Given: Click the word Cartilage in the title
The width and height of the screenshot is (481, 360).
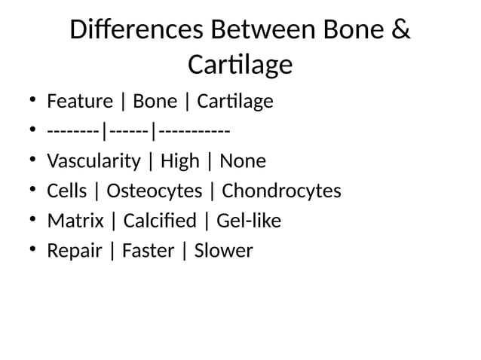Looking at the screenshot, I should click(240, 66).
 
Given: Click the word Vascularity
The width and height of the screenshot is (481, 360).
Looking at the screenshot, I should click(93, 161).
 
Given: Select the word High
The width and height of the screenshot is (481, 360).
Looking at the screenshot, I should click(180, 161).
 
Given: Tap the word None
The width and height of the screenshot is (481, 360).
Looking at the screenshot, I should click(242, 161).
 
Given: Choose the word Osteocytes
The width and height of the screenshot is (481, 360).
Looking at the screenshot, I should click(154, 191).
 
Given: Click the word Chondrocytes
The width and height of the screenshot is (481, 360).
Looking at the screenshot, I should click(281, 191).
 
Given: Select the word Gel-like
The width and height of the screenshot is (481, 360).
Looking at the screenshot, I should click(248, 221).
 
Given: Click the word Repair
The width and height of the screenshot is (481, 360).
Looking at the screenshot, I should click(74, 251).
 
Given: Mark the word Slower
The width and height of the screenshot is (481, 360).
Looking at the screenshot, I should click(223, 251).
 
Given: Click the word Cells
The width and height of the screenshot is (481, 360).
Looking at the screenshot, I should click(66, 191).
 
